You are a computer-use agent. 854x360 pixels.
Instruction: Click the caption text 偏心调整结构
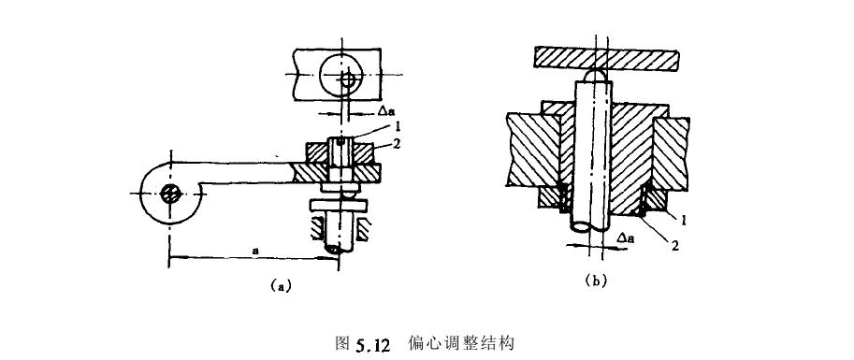[x=461, y=341]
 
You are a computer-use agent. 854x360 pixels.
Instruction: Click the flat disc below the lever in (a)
[x=339, y=205]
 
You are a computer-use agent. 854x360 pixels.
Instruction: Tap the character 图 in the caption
[x=341, y=341]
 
